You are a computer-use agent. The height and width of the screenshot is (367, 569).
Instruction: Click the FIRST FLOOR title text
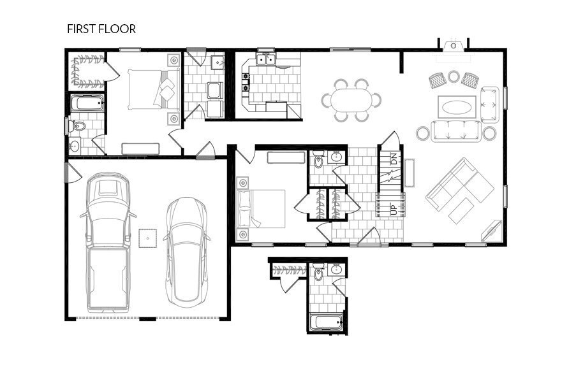pyautogui.click(x=101, y=29)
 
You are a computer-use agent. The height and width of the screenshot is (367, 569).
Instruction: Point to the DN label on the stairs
pyautogui.click(x=394, y=159)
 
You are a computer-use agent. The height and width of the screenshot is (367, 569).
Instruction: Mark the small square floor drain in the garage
pyautogui.click(x=148, y=238)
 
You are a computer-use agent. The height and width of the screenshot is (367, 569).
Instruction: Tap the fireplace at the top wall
pyautogui.click(x=454, y=45)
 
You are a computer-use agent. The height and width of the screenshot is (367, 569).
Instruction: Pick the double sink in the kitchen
pyautogui.click(x=266, y=61)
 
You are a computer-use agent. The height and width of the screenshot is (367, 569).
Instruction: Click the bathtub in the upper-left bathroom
pyautogui.click(x=86, y=104)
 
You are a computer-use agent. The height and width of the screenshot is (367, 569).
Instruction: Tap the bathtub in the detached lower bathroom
pyautogui.click(x=326, y=322)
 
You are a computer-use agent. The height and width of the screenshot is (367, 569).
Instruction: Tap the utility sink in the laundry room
pyautogui.click(x=218, y=62)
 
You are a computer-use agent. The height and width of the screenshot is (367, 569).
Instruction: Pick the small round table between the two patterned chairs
pyautogui.click(x=454, y=76)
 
